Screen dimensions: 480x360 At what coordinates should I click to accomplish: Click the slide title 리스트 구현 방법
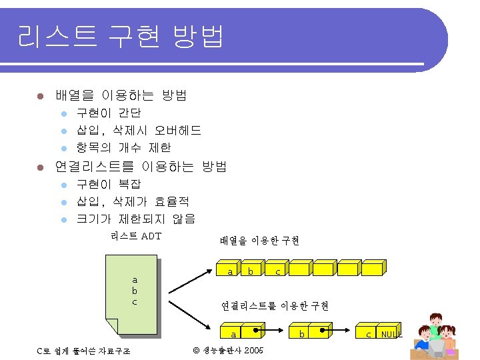(x=120, y=37)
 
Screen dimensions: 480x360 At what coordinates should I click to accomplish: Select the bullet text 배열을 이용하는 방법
(x=121, y=95)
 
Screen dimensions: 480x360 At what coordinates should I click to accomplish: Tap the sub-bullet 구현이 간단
(x=109, y=113)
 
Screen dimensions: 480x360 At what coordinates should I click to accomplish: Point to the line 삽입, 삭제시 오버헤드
(x=139, y=130)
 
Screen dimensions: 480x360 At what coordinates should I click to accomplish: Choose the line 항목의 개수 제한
(x=123, y=147)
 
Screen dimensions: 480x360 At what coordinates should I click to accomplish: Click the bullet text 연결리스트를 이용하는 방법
(x=141, y=166)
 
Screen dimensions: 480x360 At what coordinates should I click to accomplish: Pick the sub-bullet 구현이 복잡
(x=109, y=184)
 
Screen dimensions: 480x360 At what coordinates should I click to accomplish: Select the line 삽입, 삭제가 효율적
(x=133, y=201)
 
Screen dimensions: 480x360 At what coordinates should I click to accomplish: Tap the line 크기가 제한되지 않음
(x=136, y=219)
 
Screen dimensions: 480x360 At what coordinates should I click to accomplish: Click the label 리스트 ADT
(x=136, y=236)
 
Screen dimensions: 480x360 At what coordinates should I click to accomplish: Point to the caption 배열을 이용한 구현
(x=259, y=241)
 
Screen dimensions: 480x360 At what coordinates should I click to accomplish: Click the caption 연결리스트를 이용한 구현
(x=275, y=306)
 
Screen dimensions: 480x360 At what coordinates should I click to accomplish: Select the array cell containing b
(x=251, y=271)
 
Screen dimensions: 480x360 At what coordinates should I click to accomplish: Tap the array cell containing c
(x=277, y=271)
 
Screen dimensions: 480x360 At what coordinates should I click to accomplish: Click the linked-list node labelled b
(x=301, y=333)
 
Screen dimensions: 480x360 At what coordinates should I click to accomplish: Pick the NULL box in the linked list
(x=391, y=333)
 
